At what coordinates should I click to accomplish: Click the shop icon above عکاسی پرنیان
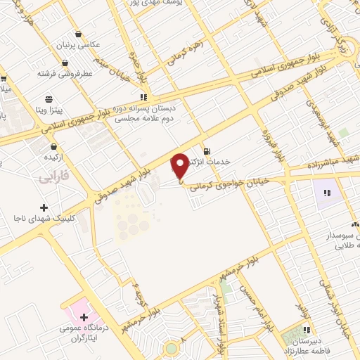pyautogui.click(x=77, y=34)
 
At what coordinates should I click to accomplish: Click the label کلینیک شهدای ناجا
pyautogui.click(x=44, y=219)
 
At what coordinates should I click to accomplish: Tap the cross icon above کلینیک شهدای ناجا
pyautogui.click(x=44, y=207)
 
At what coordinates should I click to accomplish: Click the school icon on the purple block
pyautogui.click(x=326, y=192)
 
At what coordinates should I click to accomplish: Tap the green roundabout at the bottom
pyautogui.click(x=171, y=349)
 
